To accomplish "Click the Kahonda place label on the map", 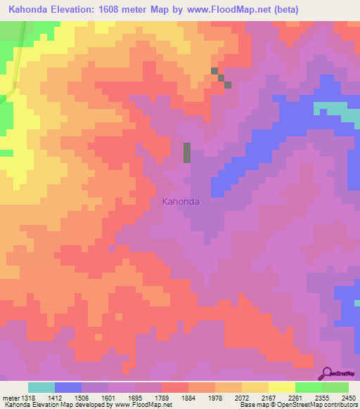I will tap(181, 202).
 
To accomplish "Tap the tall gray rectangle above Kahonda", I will tap(187, 152).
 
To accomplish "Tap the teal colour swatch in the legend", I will tap(41, 387).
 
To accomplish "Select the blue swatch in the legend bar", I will tap(68, 387).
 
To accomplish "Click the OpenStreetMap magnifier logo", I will tap(328, 373).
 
